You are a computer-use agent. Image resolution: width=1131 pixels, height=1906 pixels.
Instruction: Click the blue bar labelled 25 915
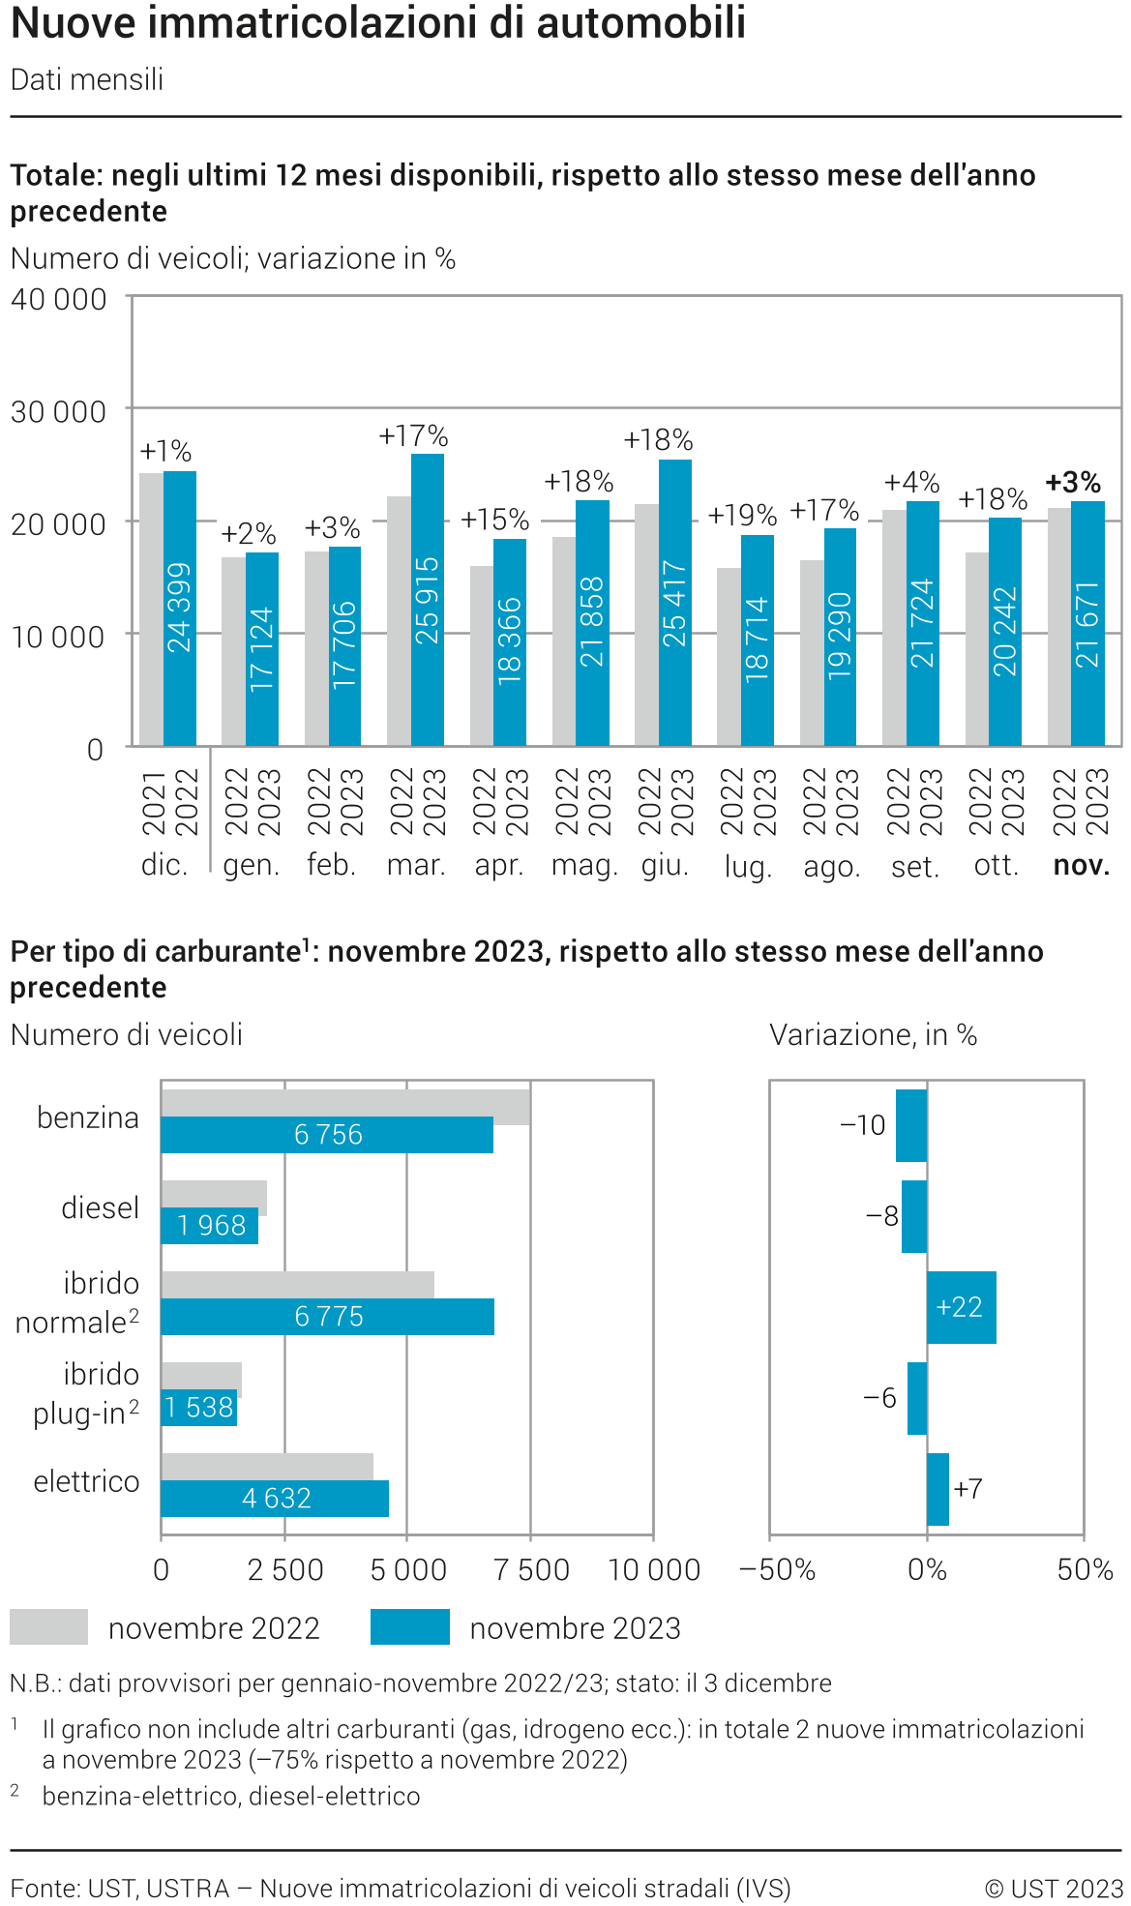(x=428, y=600)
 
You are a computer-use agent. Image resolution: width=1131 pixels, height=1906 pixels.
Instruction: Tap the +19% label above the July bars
(x=742, y=515)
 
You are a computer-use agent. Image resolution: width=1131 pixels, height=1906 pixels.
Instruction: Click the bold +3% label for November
(x=1073, y=482)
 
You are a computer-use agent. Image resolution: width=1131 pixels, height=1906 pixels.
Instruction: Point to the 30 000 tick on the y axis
(x=58, y=411)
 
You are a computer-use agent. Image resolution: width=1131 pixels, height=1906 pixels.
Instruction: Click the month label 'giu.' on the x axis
(x=665, y=865)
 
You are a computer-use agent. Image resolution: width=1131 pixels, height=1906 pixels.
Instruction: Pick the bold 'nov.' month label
(x=1081, y=865)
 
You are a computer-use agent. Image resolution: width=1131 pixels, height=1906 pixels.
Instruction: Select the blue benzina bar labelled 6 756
(x=327, y=1135)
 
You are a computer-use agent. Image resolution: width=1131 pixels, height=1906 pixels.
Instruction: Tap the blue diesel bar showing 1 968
(x=210, y=1226)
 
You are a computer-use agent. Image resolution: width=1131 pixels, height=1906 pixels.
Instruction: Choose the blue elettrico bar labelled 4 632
(x=275, y=1499)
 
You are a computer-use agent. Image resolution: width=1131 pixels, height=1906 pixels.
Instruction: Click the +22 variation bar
(x=961, y=1307)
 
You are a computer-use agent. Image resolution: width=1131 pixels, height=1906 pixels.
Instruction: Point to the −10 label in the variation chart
(x=862, y=1125)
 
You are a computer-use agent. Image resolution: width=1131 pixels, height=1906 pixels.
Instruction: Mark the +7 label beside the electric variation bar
(x=967, y=1488)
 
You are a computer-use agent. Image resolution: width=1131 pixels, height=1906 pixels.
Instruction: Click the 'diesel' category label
(x=100, y=1207)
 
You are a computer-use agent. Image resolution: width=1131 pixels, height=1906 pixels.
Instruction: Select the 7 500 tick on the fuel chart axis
(x=531, y=1569)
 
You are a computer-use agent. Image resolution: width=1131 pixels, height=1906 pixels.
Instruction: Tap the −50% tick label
(x=777, y=1569)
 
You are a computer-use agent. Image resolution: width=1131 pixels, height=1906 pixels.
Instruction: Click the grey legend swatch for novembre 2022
(x=48, y=1627)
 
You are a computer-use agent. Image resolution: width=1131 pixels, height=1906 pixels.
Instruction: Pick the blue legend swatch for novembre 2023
(x=410, y=1627)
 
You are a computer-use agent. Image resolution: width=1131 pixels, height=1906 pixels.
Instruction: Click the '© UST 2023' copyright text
(x=1054, y=1888)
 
